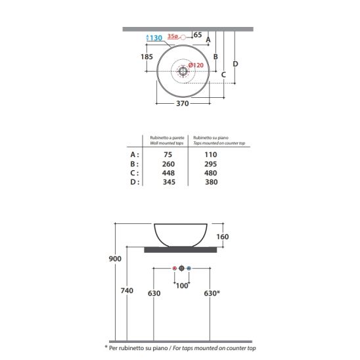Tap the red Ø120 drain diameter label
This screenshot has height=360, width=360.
(x=196, y=65)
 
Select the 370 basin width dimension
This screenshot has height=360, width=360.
(x=183, y=103)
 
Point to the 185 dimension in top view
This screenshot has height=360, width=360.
(x=146, y=56)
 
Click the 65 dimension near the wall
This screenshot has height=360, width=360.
(x=198, y=35)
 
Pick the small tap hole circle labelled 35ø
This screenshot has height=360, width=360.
(x=183, y=37)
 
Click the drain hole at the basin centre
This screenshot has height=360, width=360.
(x=183, y=71)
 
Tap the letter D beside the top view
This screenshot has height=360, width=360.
(x=235, y=64)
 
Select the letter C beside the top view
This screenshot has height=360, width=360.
(x=223, y=75)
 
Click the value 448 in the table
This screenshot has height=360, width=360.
(x=168, y=173)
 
